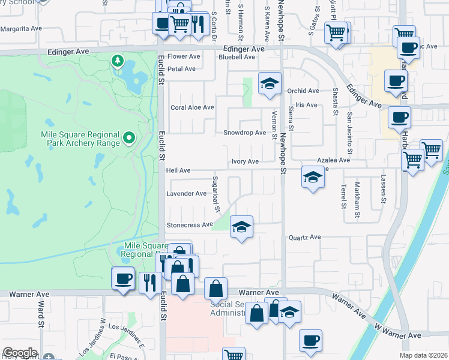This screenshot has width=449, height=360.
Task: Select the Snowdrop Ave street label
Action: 244,133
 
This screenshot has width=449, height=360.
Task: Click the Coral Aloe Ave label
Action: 192,107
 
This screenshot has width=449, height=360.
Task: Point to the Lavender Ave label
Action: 186,194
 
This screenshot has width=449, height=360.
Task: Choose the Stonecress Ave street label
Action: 190,225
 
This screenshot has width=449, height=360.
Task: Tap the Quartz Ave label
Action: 304,237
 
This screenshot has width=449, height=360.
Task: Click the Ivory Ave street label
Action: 245,161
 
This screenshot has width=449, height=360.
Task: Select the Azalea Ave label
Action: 334,160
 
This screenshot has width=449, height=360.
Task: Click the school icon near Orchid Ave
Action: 270,83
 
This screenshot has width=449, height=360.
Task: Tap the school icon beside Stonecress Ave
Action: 242,227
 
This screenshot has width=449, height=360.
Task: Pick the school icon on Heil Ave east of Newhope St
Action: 312,177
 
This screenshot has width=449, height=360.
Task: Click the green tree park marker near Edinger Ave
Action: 118,61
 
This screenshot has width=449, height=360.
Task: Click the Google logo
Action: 19,353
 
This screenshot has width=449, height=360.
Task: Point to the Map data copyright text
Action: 423,355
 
